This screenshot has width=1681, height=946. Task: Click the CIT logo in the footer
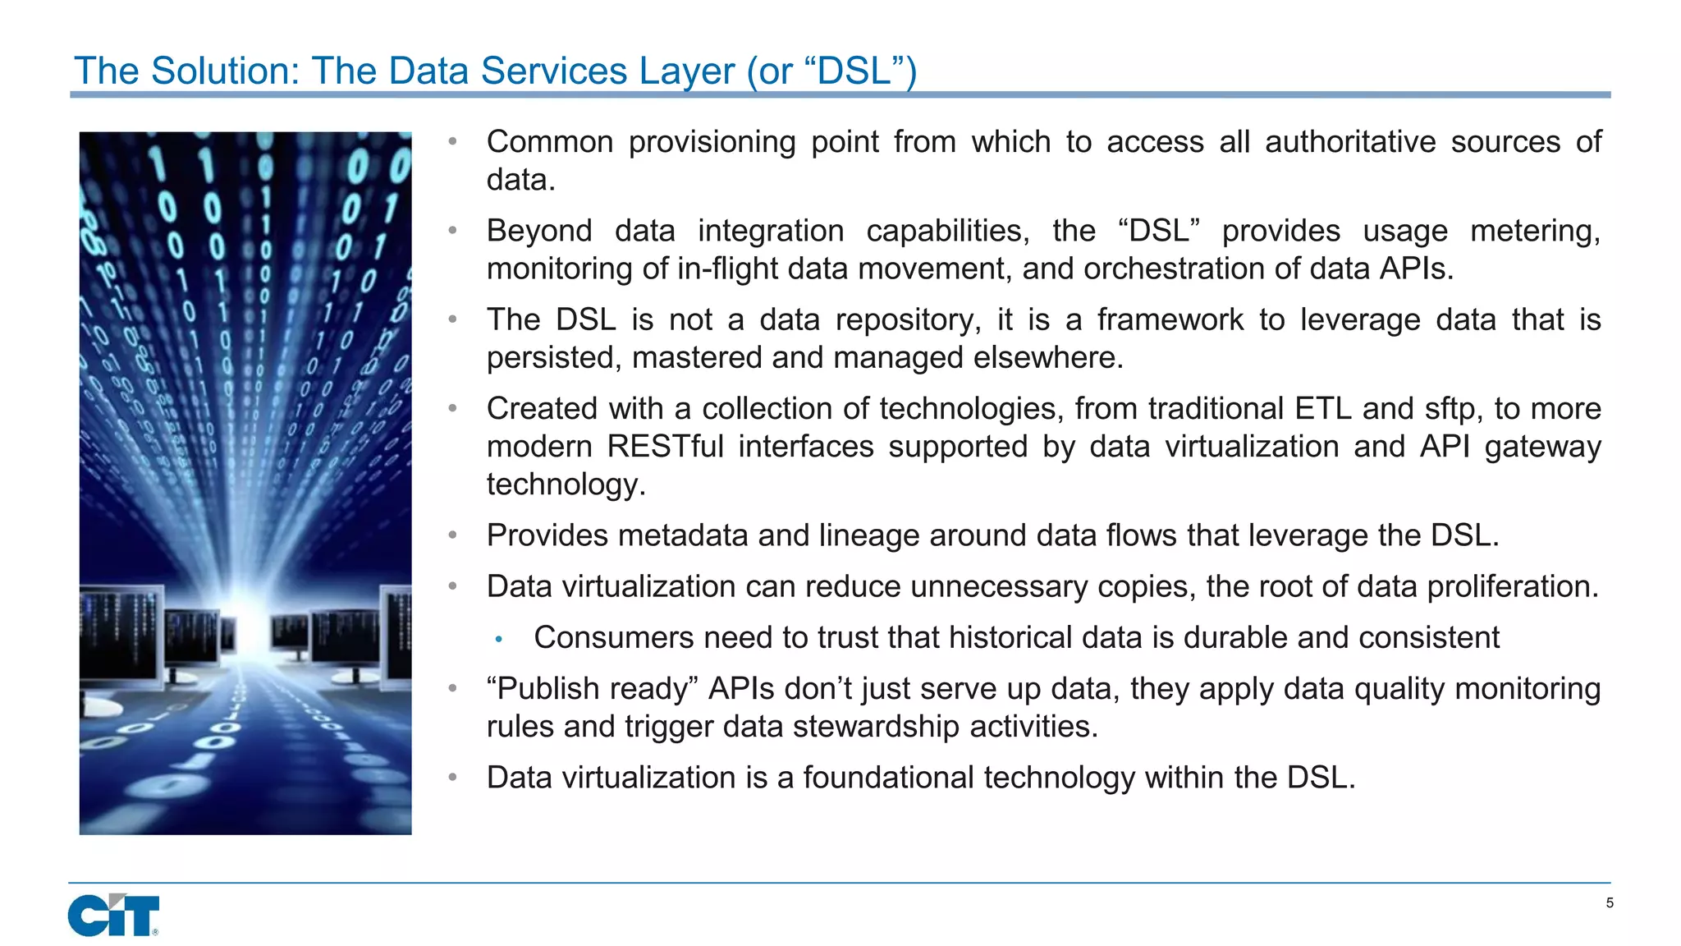(113, 915)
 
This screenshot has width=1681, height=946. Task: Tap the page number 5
(1610, 903)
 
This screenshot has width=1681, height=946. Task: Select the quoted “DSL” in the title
(853, 71)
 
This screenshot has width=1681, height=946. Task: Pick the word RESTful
(665, 446)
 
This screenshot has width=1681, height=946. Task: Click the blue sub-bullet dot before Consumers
(498, 639)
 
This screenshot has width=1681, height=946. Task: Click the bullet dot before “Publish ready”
(452, 689)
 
